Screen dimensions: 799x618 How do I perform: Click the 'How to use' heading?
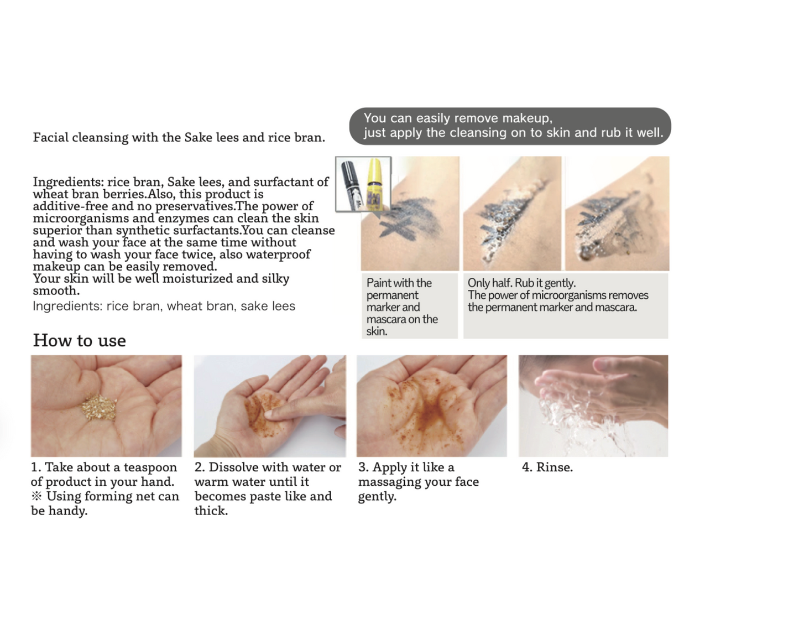tap(80, 340)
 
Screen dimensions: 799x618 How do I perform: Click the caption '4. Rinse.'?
tap(547, 467)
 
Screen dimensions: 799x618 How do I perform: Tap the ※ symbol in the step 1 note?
tap(36, 496)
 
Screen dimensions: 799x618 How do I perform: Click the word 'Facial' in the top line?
tap(50, 137)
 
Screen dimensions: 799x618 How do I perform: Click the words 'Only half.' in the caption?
tap(489, 283)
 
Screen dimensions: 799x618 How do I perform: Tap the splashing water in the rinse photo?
tap(573, 416)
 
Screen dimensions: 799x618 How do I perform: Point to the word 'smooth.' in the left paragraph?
tap(56, 290)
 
